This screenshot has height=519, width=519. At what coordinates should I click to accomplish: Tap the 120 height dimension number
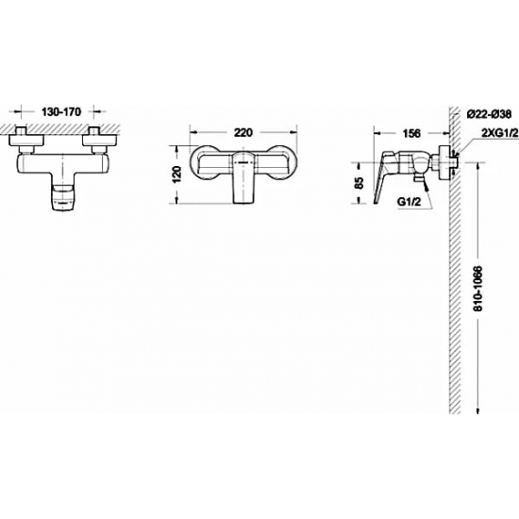(x=176, y=174)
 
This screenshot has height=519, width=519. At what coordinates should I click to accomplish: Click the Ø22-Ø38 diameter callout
(x=489, y=114)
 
